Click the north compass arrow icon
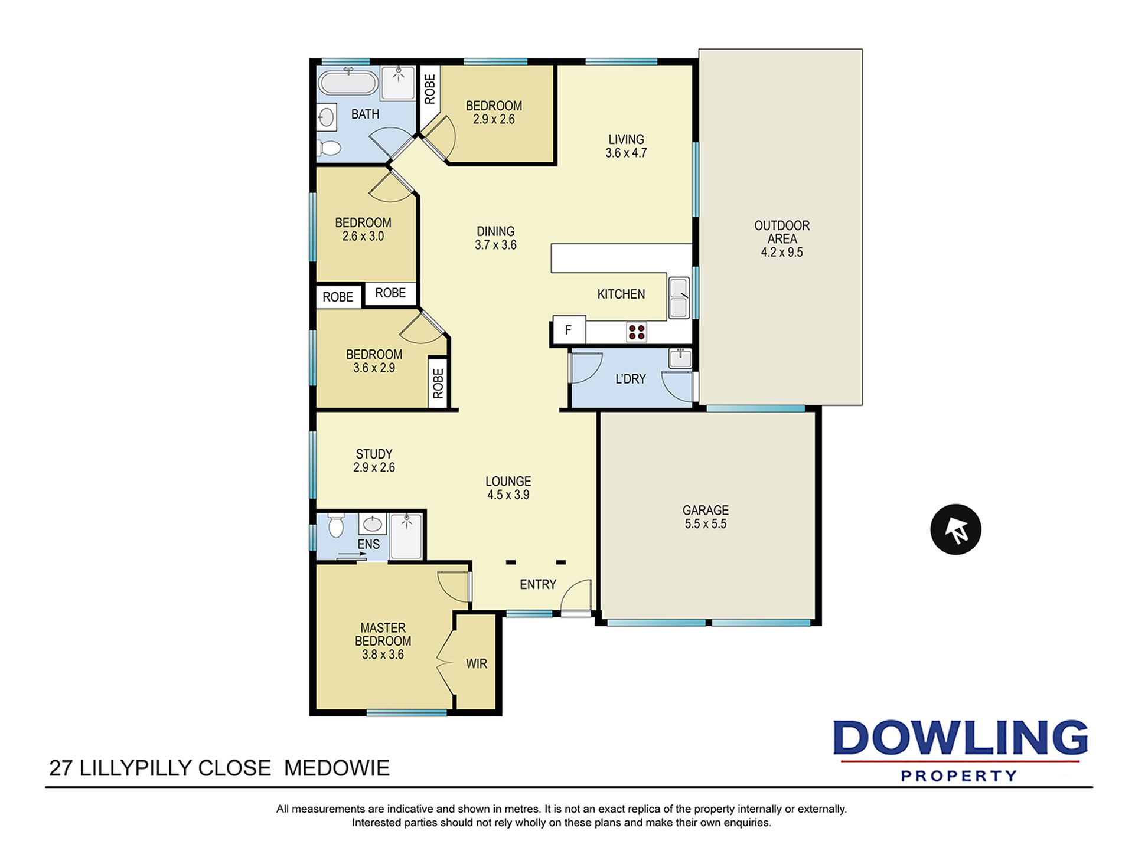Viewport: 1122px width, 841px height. tap(955, 529)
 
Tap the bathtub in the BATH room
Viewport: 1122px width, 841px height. tap(348, 82)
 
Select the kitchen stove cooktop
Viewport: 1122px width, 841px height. tap(637, 332)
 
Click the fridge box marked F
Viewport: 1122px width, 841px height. tap(569, 330)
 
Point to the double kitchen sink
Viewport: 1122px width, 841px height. tap(679, 298)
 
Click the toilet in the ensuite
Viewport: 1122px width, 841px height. tap(336, 525)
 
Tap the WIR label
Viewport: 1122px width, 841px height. tap(477, 664)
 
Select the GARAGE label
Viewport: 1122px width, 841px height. tap(706, 510)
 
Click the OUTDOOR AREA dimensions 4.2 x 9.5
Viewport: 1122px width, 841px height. tap(782, 253)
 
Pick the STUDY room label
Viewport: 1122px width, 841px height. tap(374, 454)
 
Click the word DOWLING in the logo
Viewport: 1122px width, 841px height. tap(960, 738)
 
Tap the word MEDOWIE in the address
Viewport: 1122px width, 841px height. tap(337, 768)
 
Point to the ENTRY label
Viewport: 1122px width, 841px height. tap(538, 584)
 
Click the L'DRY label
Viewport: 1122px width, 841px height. tap(631, 379)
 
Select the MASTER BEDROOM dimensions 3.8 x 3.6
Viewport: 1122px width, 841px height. tap(383, 655)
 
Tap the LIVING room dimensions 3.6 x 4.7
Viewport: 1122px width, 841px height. tap(626, 153)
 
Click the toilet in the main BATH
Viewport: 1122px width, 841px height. tap(330, 148)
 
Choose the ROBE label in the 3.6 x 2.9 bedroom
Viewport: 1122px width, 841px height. tap(438, 384)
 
